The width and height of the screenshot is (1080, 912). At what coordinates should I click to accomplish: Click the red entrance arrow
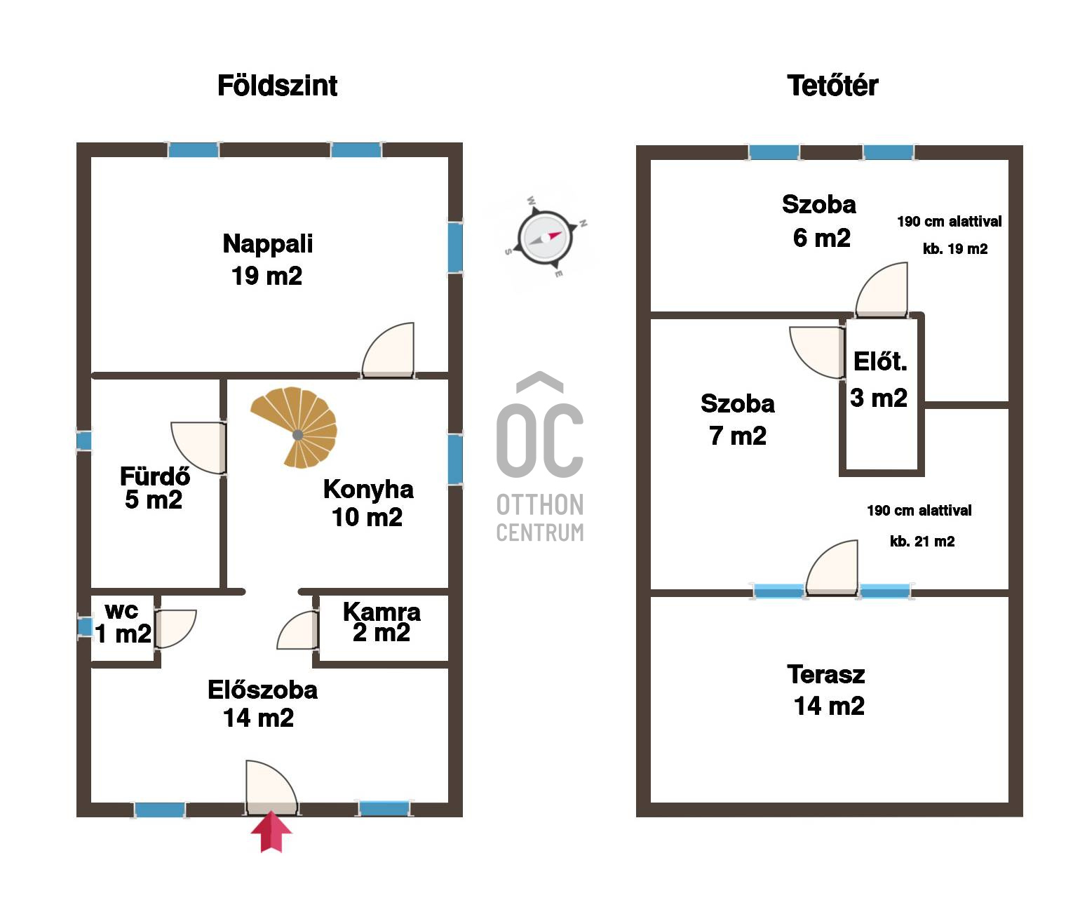tap(271, 832)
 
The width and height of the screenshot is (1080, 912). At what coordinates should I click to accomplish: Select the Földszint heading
tap(277, 86)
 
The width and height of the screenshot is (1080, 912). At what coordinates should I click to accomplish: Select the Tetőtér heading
tap(832, 86)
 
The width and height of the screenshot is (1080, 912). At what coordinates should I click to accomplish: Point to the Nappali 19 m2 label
tap(267, 260)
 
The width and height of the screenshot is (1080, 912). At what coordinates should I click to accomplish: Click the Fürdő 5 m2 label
tap(155, 488)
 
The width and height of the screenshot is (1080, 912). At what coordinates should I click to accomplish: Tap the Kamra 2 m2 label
tap(382, 622)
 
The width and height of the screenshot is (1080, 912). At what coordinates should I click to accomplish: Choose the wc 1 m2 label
tap(123, 624)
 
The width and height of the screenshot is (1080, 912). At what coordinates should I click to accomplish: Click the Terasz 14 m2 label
tap(828, 690)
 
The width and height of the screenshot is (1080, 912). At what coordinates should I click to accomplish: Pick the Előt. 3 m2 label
tap(879, 380)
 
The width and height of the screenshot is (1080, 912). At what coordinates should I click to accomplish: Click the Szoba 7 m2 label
tap(738, 420)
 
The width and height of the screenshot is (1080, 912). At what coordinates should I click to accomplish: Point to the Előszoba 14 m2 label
tap(262, 704)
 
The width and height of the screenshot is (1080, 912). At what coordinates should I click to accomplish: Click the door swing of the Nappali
tap(389, 350)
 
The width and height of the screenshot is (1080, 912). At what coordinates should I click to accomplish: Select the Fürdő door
tap(199, 448)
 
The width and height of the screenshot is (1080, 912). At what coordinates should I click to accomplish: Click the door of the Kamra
tap(297, 630)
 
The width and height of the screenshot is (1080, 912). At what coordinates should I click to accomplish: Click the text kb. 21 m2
tap(922, 542)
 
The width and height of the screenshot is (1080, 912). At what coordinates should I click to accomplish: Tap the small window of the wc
tap(85, 626)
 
